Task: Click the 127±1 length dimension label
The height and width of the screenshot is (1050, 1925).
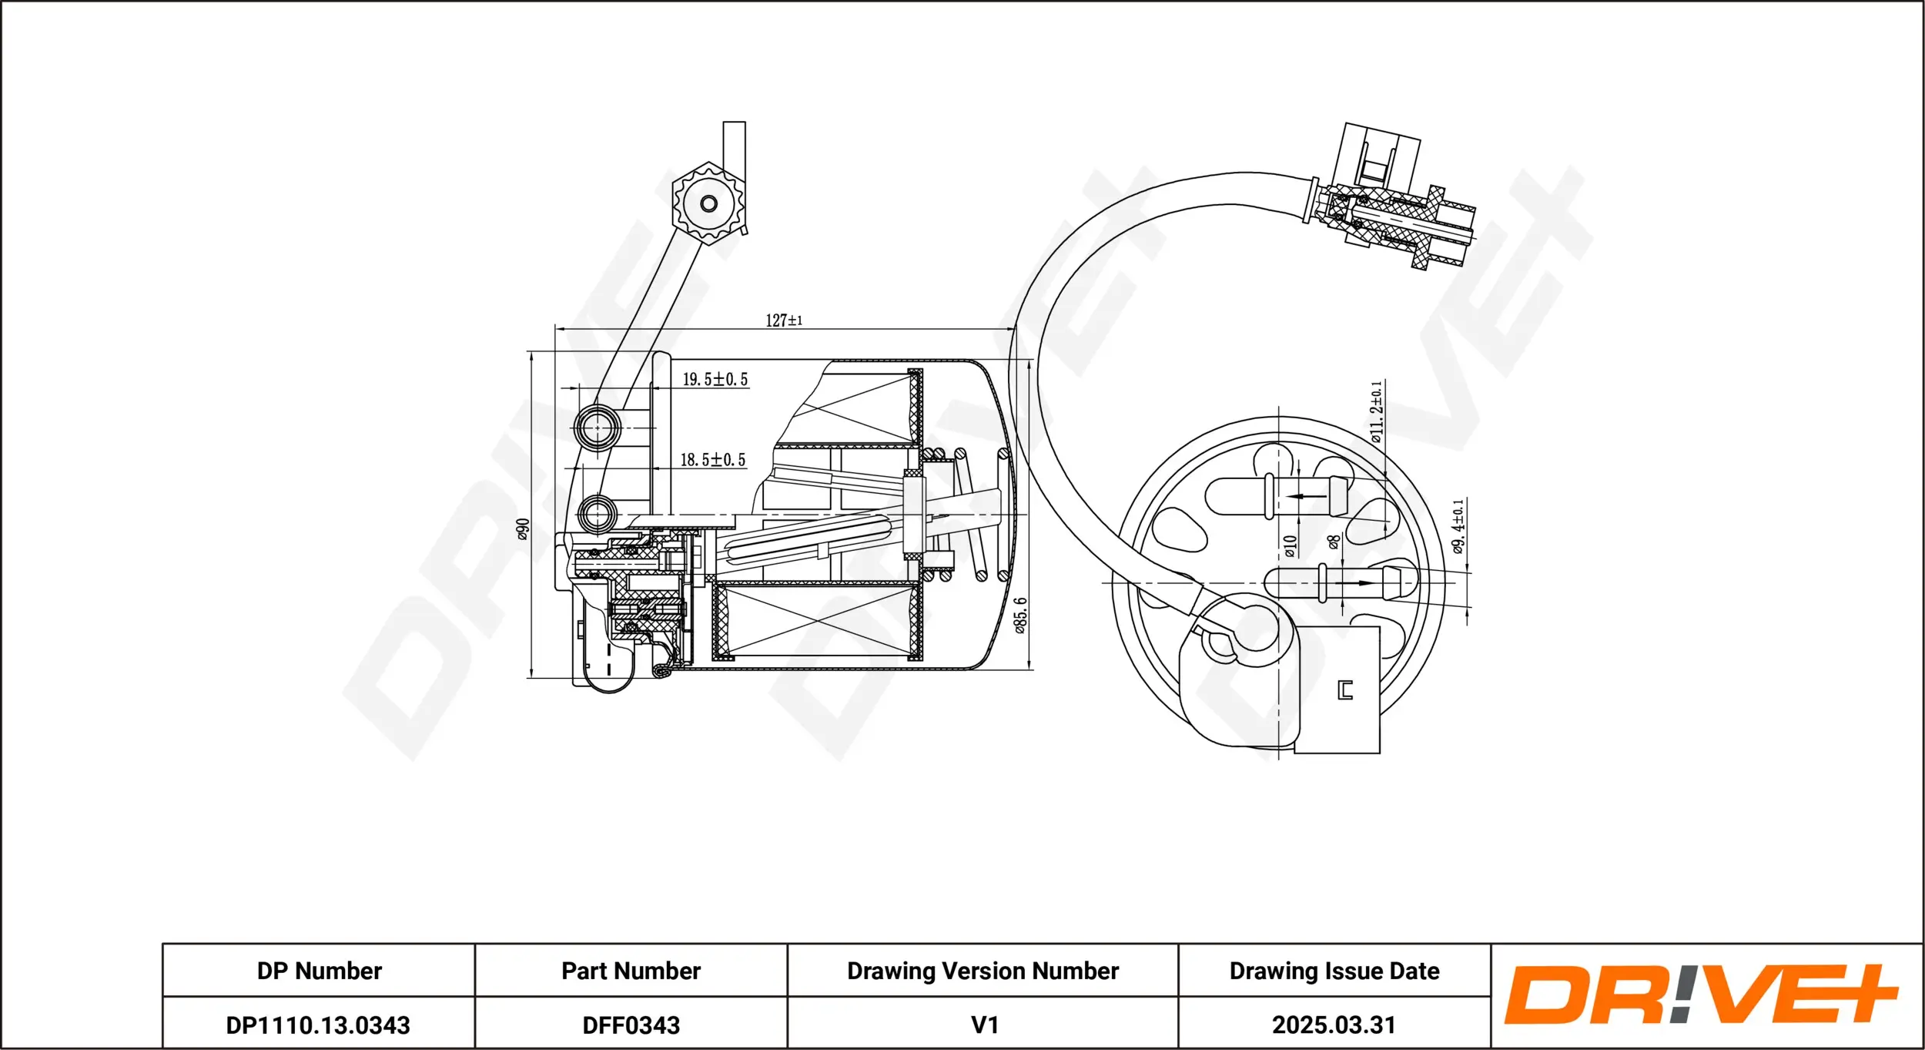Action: [784, 320]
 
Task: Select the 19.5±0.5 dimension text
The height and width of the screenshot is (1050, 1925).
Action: [715, 379]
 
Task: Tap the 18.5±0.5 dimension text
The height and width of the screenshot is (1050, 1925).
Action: [712, 460]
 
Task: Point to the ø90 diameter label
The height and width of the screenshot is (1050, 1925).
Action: [523, 529]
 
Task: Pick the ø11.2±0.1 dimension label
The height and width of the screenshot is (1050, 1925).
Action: [1376, 412]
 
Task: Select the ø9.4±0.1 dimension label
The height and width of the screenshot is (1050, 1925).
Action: [1458, 527]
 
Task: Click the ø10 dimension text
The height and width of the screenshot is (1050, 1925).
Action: [1291, 546]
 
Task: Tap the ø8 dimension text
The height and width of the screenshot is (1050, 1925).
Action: [1334, 542]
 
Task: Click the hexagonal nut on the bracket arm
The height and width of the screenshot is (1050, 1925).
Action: [708, 204]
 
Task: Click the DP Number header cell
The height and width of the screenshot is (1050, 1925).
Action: [319, 971]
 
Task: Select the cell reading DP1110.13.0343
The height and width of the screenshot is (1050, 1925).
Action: [318, 1025]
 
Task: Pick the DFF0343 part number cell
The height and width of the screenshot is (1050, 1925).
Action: [631, 1025]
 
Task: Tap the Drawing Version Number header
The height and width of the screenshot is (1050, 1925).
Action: [983, 971]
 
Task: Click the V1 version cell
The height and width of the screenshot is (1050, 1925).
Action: [984, 1025]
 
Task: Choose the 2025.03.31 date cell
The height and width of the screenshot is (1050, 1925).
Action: [1334, 1025]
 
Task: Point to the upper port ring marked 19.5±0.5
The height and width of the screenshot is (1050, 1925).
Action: [597, 428]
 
